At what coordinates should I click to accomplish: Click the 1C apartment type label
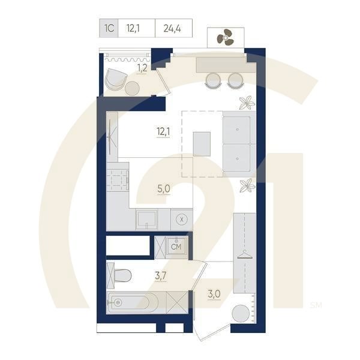pos(109,28)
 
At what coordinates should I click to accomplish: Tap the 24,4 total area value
pos(172,28)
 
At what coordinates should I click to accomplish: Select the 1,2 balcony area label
pos(142,68)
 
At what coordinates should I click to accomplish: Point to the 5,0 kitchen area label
pos(164,189)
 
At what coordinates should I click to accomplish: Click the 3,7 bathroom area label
pos(161,275)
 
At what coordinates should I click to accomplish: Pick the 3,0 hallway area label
pos(214,294)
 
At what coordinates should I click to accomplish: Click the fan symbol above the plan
pos(226,37)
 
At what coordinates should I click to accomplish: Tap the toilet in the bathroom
pos(122,275)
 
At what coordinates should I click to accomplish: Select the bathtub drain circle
pos(118,302)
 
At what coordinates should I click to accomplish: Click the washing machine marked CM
pos(176,247)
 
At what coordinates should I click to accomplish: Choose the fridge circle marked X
pos(182,220)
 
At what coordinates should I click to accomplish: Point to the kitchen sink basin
pos(146,219)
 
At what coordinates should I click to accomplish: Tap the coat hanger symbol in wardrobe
pos(245,254)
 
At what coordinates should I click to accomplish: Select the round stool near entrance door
pos(241,313)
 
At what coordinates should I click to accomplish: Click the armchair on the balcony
pos(115,79)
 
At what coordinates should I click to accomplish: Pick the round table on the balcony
pos(132,88)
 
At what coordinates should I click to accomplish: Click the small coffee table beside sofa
pos(202,144)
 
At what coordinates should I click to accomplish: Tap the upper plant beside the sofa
pos(247,103)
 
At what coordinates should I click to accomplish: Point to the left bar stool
pos(214,80)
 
